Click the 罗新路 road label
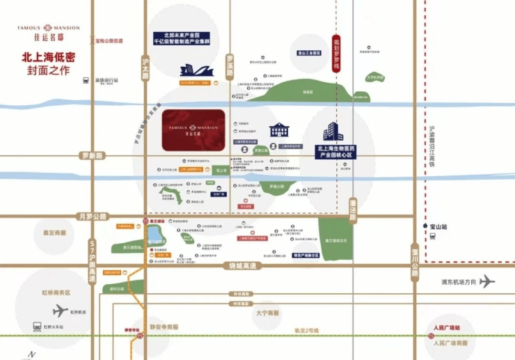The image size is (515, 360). [91, 155]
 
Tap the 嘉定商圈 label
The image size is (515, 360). [54, 233]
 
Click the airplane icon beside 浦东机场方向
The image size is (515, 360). [486, 281]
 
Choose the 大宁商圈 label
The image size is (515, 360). [267, 313]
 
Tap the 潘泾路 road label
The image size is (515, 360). [352, 208]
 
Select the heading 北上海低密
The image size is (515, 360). [49, 58]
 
